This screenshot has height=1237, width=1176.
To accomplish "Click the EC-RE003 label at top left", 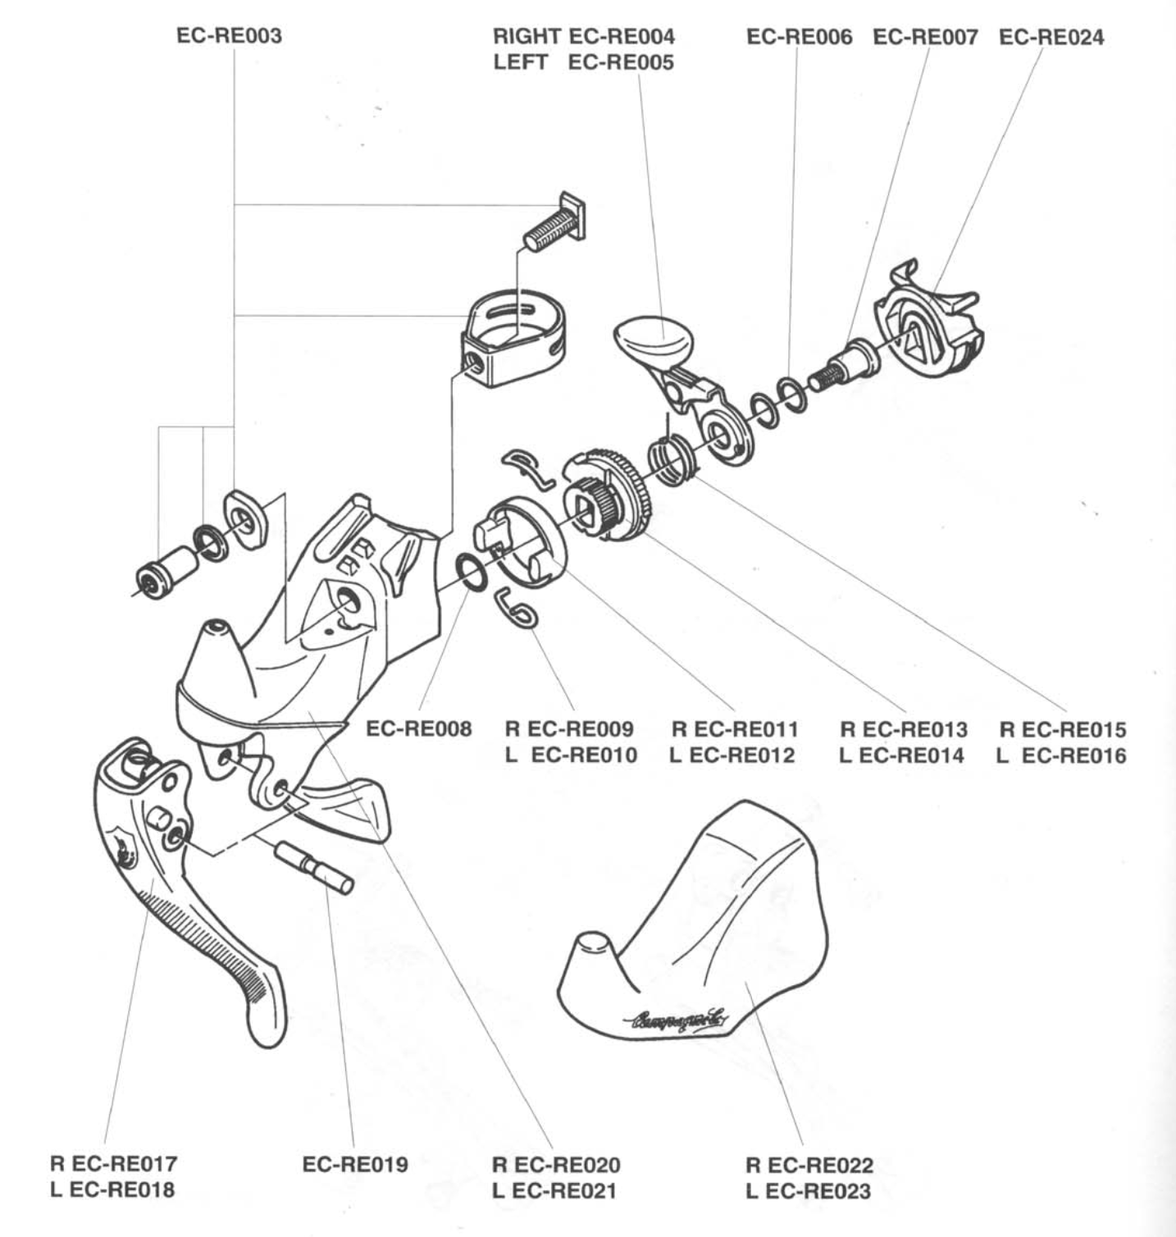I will coord(229,37).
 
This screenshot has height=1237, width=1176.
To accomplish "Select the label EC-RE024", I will coord(1051,38).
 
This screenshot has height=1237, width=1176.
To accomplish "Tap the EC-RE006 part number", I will coord(799,38).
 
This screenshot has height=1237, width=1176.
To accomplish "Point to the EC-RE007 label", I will coord(925,38).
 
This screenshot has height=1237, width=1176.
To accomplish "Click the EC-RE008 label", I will coord(418,729).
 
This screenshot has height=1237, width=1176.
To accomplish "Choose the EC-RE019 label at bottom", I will coord(355,1165).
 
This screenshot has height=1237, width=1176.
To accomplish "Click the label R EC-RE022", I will coord(809,1165).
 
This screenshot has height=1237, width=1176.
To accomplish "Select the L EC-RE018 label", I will coord(112,1189).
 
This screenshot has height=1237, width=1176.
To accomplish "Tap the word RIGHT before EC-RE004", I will coord(526,37).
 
